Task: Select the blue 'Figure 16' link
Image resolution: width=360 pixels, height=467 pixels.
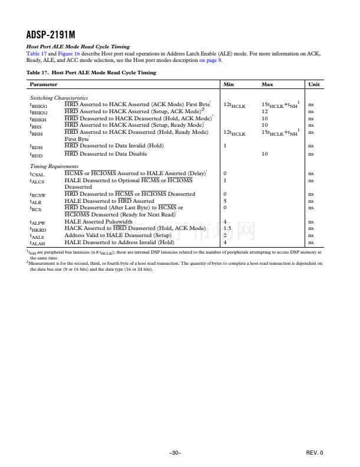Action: pyautogui.click(x=60, y=53)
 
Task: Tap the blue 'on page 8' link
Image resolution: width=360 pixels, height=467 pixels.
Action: pyautogui.click(x=211, y=60)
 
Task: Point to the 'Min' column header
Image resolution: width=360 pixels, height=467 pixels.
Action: pyautogui.click(x=229, y=85)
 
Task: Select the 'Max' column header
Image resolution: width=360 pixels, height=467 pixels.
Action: pyautogui.click(x=267, y=85)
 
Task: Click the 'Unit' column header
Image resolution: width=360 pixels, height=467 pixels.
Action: pyautogui.click(x=314, y=85)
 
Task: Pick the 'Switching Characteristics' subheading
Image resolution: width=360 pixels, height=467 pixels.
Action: pyautogui.click(x=58, y=97)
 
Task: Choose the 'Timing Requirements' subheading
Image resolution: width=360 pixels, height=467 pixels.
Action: pyautogui.click(x=54, y=167)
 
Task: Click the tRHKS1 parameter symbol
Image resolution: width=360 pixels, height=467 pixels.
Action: pyautogui.click(x=39, y=104)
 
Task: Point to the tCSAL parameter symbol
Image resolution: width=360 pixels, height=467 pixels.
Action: pyautogui.click(x=37, y=174)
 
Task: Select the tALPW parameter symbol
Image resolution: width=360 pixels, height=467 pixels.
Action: pyautogui.click(x=37, y=222)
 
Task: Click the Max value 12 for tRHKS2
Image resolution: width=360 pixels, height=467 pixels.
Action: pyautogui.click(x=265, y=111)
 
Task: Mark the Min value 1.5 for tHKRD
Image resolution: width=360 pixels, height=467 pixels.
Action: pyautogui.click(x=227, y=228)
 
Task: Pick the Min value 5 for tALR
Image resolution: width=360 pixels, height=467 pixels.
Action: pyautogui.click(x=225, y=201)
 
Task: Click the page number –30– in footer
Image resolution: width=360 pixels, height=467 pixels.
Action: pyautogui.click(x=174, y=452)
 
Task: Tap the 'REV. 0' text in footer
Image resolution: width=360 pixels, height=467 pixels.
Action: pyautogui.click(x=315, y=452)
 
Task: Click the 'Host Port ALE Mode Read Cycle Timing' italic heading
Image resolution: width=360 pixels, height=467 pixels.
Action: pyautogui.click(x=78, y=47)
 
